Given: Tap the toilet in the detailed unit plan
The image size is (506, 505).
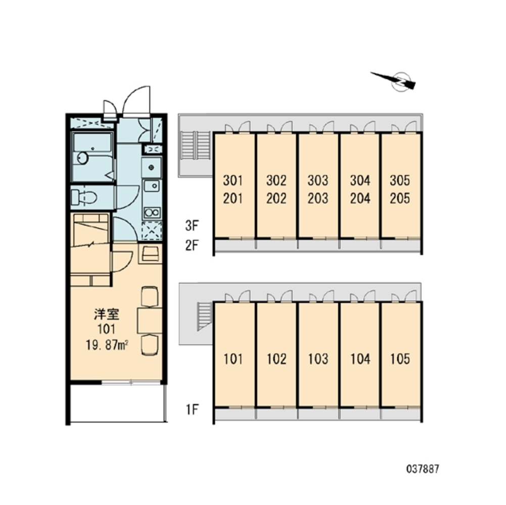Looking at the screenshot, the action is click(x=84, y=197).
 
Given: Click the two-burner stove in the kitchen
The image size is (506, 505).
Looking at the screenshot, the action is click(x=152, y=213).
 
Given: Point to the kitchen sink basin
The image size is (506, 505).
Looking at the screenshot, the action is click(x=152, y=186).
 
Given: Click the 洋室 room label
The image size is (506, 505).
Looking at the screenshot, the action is click(x=107, y=314).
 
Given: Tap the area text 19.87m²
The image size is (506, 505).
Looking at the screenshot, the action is click(x=107, y=345).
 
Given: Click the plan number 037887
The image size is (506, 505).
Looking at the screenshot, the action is click(x=423, y=469).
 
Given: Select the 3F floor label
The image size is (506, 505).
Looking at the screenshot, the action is click(x=192, y=226).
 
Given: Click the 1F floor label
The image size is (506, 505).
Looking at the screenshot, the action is click(x=192, y=410).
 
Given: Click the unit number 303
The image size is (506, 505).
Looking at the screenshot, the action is click(x=318, y=181).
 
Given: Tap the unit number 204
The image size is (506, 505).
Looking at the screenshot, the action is click(x=360, y=198).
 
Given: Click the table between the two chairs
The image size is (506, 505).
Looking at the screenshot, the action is click(x=150, y=321).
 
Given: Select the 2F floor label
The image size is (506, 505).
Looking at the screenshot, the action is click(x=192, y=246).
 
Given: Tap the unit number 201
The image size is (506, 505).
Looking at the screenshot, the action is click(x=233, y=198).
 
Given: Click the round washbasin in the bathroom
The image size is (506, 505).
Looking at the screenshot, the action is click(x=83, y=158).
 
